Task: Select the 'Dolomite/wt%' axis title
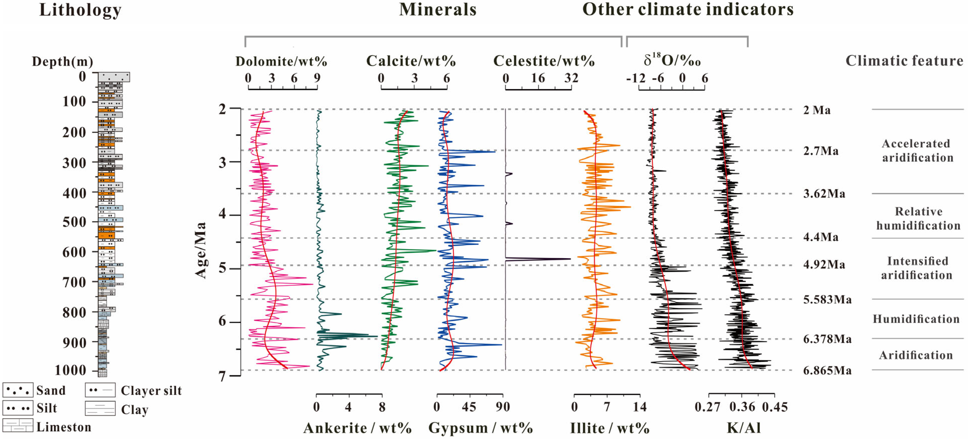[281, 61]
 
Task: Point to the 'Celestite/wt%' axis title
[544, 61]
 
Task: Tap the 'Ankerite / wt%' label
[357, 428]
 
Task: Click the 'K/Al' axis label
[744, 428]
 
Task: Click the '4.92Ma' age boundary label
[824, 264]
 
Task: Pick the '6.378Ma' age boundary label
[827, 339]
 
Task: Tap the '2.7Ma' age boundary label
[821, 151]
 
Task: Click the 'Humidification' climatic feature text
[916, 319]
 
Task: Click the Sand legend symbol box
[18, 390]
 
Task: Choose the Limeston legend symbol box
[18, 426]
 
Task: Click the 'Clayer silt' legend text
[151, 390]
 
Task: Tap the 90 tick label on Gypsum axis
[502, 407]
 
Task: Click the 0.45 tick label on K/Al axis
[775, 407]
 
